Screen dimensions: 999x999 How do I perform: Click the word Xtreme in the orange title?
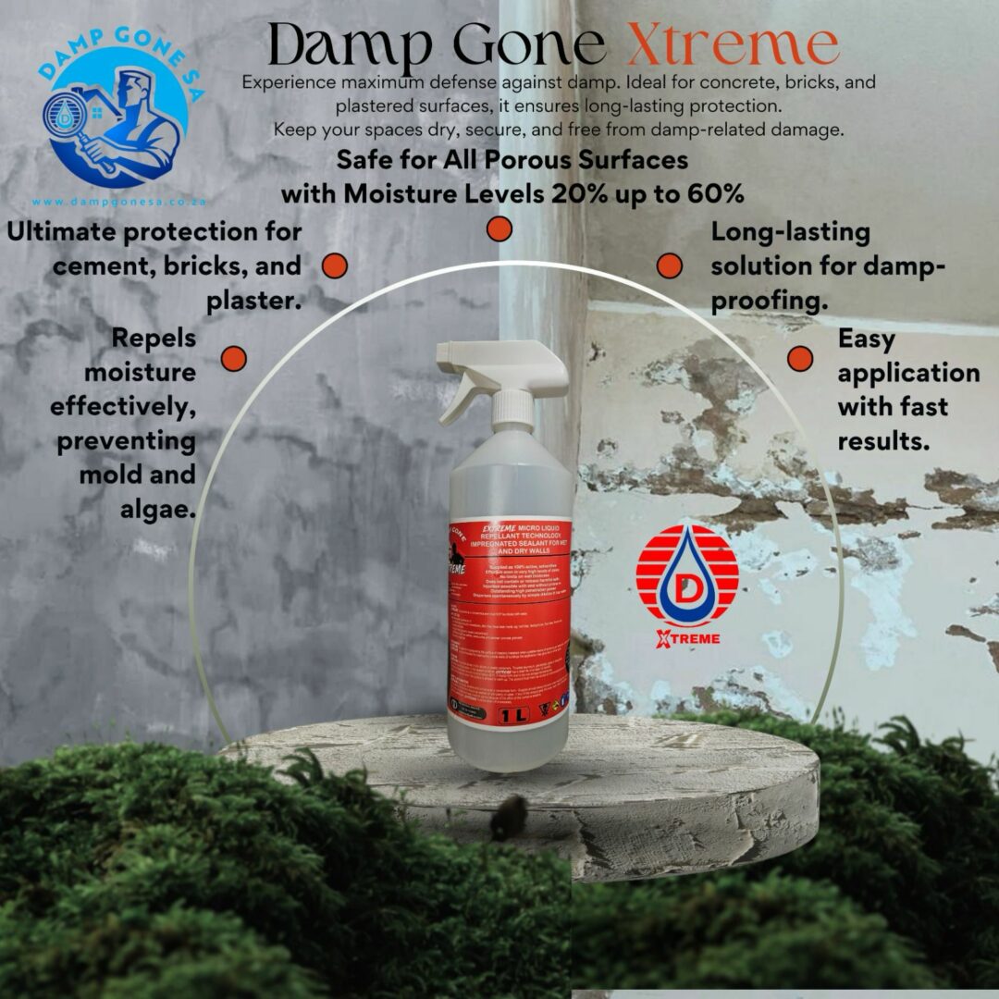(x=733, y=44)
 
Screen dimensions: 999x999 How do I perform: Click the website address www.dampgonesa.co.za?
(x=117, y=201)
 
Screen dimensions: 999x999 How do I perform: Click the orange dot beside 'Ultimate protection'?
(x=334, y=266)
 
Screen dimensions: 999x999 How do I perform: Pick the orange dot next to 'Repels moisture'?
(x=233, y=358)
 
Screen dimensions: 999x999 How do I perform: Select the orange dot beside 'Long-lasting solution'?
(x=669, y=266)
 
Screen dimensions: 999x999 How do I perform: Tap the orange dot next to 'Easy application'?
(x=799, y=358)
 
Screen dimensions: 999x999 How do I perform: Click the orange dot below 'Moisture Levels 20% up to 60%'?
(x=499, y=228)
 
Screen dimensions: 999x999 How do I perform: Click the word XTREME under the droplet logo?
(x=686, y=637)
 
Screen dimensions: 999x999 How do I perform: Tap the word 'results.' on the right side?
(x=883, y=442)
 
